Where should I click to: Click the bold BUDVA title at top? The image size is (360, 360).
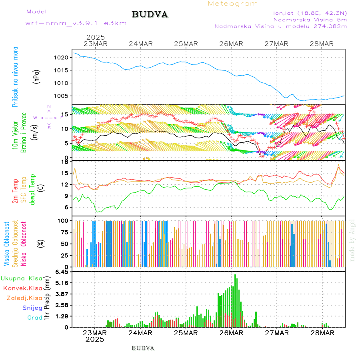click(150, 15)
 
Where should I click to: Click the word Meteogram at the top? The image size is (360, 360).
click(233, 4)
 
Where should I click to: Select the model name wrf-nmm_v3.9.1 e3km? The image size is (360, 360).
click(76, 23)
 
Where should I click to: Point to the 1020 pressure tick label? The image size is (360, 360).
click(61, 58)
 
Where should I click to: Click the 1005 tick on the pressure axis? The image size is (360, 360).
click(61, 96)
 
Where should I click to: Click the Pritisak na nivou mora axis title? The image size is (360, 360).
click(15, 77)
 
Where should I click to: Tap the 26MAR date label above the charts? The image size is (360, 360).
click(231, 44)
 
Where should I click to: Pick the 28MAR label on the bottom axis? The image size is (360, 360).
click(322, 332)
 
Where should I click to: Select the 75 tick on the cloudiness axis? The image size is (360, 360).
click(63, 232)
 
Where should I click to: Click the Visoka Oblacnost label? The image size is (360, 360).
click(7, 244)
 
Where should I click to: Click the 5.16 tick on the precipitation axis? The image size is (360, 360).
click(61, 283)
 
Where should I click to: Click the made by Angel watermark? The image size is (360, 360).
click(352, 240)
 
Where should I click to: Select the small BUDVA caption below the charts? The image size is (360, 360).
click(143, 348)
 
